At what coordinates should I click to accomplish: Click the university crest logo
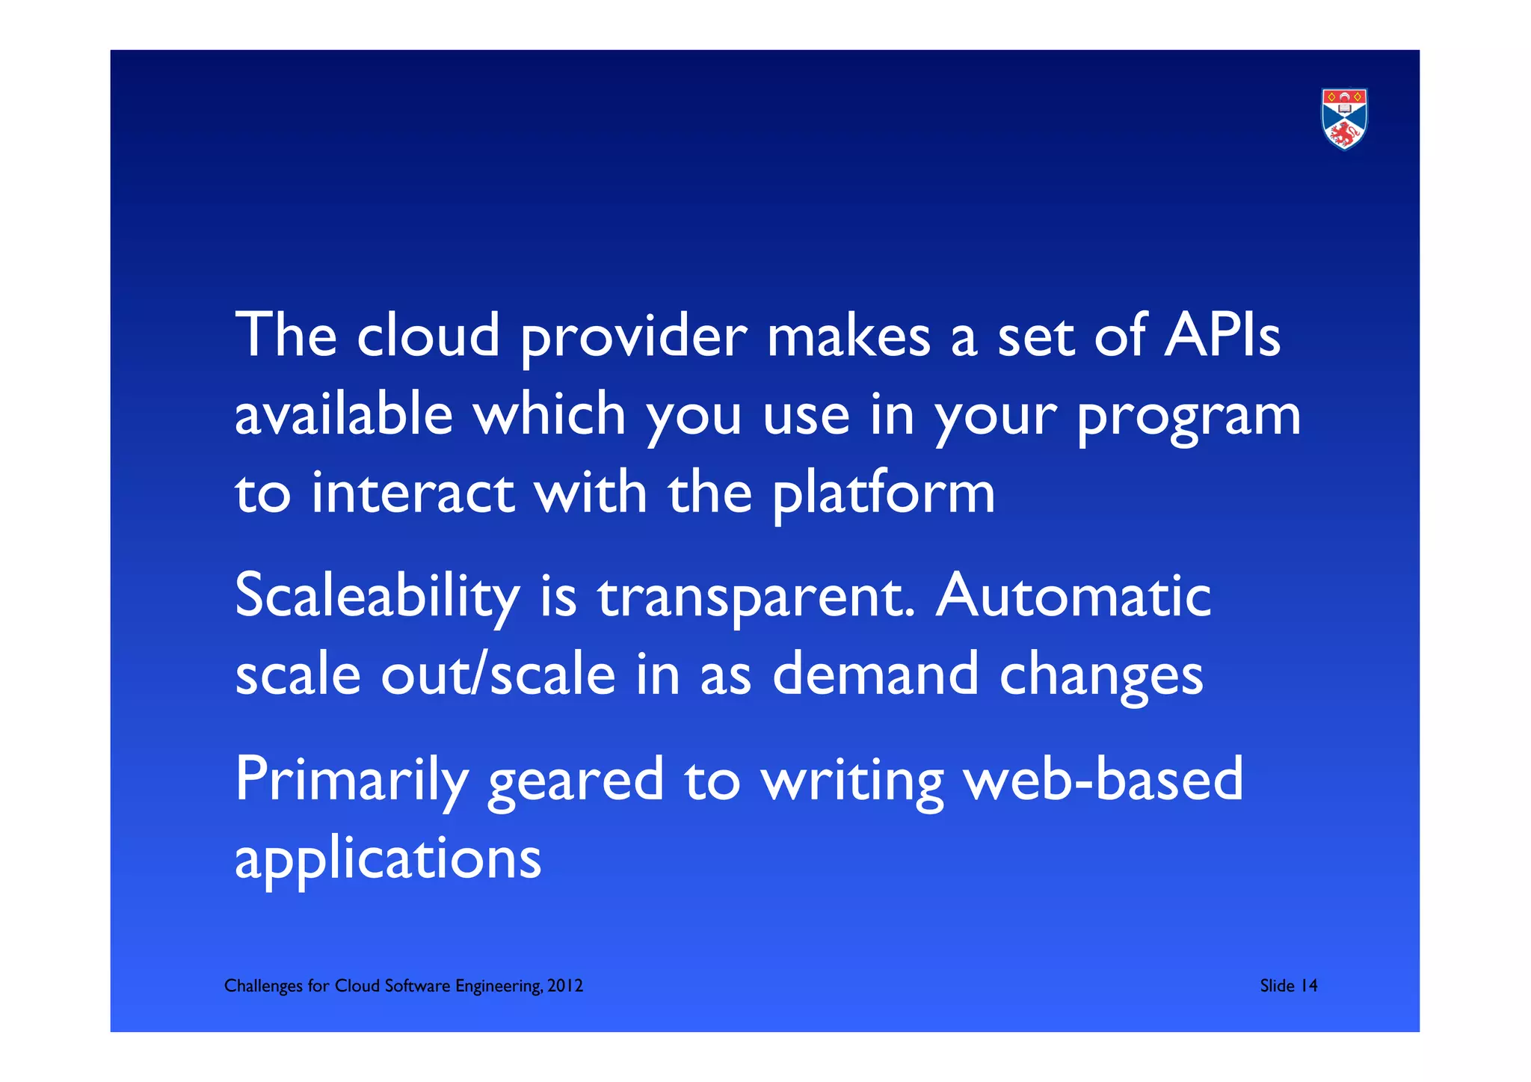click(1343, 119)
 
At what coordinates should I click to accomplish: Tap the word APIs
click(1222, 335)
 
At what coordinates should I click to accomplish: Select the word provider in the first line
click(633, 337)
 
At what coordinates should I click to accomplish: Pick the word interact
click(413, 493)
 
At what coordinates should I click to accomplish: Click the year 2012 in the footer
click(565, 986)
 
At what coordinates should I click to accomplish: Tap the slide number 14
click(1308, 986)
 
